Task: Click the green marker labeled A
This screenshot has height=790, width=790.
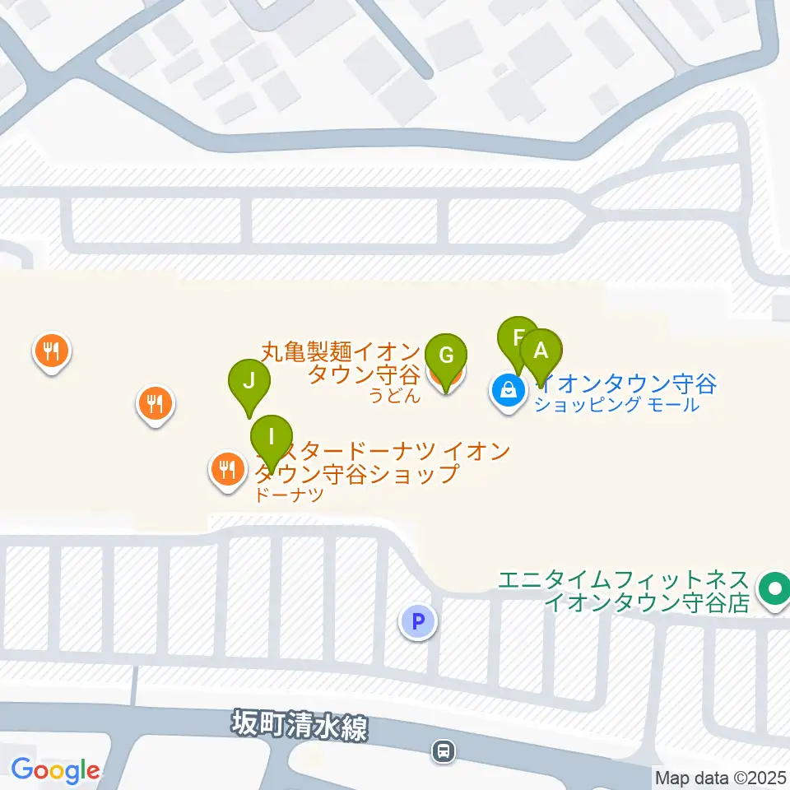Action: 541,351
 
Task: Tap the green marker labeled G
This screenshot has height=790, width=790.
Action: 446,356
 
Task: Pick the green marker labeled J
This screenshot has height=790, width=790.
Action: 249,382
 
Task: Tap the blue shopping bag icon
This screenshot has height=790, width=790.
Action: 508,389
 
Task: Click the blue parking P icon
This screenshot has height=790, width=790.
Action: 418,621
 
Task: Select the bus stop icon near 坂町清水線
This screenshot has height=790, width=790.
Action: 444,750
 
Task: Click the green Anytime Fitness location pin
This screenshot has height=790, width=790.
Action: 774,589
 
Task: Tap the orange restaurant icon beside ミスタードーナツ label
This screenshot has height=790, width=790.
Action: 226,470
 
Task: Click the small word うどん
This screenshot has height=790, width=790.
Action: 394,397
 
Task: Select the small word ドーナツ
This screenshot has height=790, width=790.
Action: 290,495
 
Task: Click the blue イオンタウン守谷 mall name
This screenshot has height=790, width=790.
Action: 625,383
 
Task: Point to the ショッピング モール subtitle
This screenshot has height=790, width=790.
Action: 616,405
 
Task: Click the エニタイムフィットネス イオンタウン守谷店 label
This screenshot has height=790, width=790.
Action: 625,590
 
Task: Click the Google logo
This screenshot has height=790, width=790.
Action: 55,770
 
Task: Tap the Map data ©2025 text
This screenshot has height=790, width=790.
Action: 721,777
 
